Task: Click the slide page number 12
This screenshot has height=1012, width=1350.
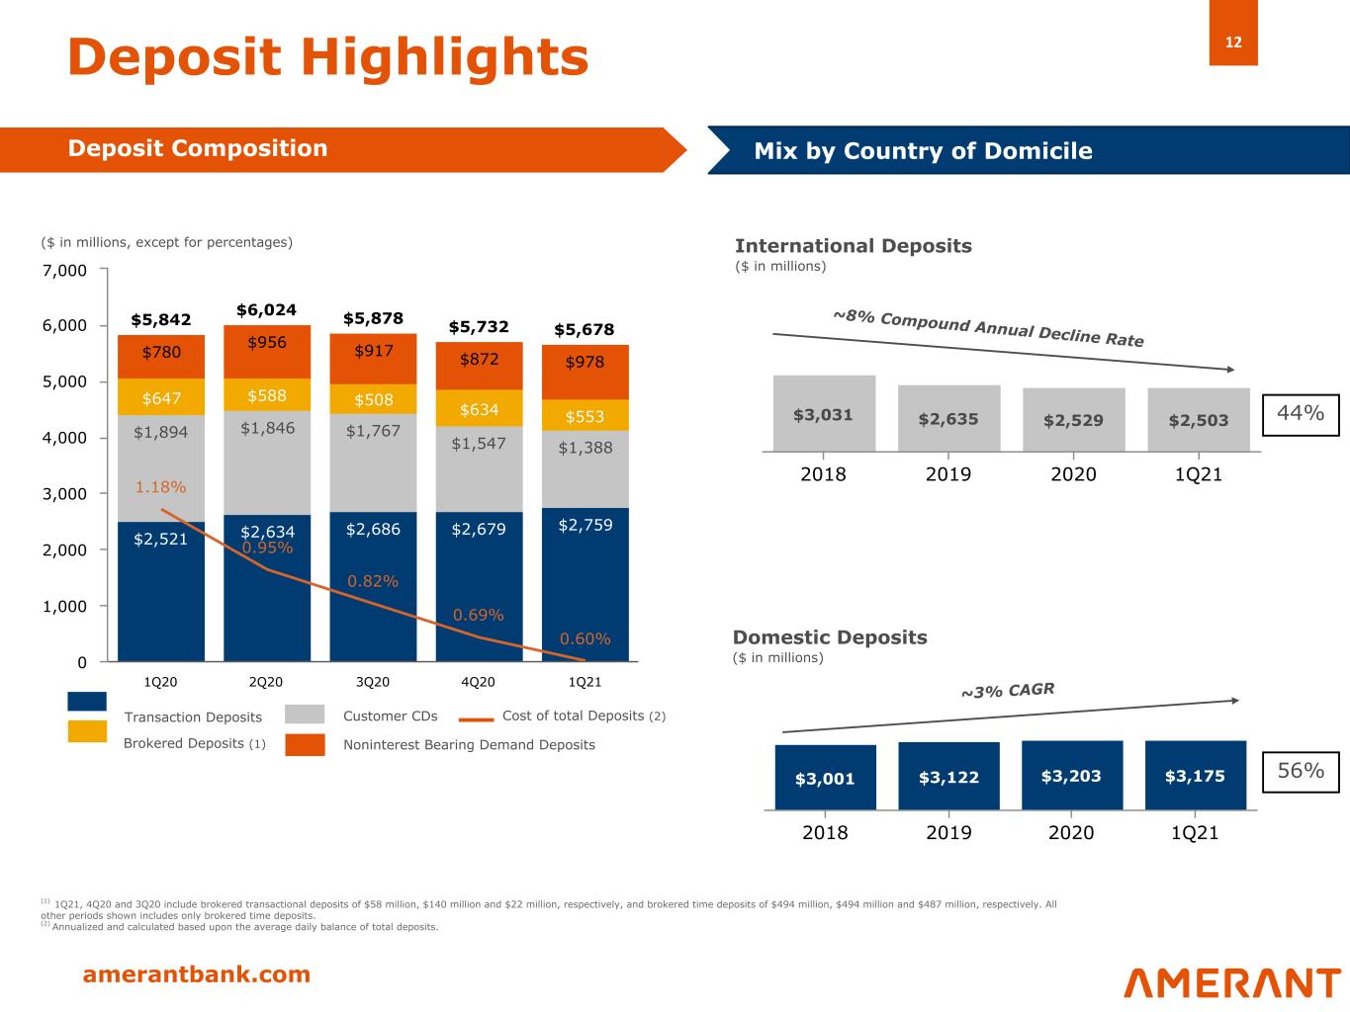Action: (1233, 42)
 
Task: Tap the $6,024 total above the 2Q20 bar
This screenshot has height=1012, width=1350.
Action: (266, 310)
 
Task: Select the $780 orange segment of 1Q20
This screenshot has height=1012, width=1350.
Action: (161, 353)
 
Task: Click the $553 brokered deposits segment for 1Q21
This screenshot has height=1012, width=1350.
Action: (585, 416)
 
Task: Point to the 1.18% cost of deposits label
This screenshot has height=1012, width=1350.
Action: (160, 487)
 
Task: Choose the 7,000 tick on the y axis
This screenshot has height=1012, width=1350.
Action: (68, 271)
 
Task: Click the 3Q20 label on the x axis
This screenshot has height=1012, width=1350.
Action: (372, 682)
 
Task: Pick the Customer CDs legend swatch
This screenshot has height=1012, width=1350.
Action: (305, 715)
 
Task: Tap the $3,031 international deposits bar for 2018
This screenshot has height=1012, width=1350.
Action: (823, 414)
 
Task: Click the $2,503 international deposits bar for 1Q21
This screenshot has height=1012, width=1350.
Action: (1198, 419)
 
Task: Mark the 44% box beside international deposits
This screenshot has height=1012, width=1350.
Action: (1300, 414)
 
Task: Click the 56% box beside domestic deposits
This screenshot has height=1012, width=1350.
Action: (1300, 771)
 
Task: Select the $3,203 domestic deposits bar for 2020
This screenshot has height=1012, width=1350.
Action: (1071, 776)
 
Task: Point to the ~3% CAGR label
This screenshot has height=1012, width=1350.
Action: (1008, 690)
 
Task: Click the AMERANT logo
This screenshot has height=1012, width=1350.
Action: (1231, 982)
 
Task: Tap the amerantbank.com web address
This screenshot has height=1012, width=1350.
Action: (196, 975)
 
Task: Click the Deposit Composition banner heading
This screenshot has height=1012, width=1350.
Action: (198, 148)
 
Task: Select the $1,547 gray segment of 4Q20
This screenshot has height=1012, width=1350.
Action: (479, 444)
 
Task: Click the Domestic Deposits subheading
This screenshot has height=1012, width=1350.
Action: (830, 637)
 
